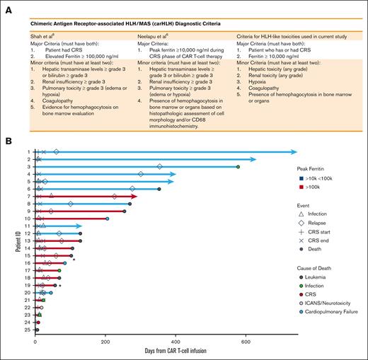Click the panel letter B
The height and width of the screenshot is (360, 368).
6,141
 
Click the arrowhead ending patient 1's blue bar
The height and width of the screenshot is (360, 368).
294,152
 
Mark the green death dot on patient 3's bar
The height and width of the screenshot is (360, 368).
238,167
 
